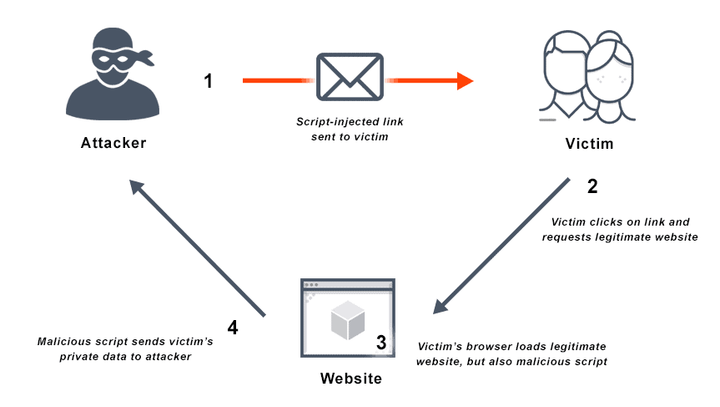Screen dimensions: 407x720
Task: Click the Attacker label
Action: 113,142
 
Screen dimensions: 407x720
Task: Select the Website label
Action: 350,379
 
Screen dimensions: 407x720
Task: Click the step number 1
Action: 209,81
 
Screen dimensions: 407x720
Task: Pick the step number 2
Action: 592,186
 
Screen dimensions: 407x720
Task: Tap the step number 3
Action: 381,342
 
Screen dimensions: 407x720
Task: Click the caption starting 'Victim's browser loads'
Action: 511,354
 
